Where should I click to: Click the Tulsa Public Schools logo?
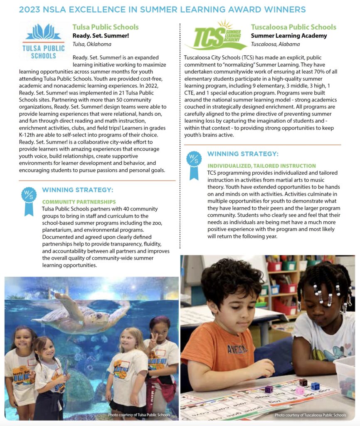tap(43, 41)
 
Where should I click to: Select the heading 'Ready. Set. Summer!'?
tap(101, 36)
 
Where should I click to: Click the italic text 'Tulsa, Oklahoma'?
tap(92, 44)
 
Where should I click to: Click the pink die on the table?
tap(300, 391)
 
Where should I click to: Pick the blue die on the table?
tap(315, 386)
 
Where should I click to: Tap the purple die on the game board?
tap(269, 389)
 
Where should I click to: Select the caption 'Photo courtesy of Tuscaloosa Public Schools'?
tap(310, 415)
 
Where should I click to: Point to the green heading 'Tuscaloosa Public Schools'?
tap(293, 27)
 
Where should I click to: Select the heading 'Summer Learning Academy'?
tap(289, 36)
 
